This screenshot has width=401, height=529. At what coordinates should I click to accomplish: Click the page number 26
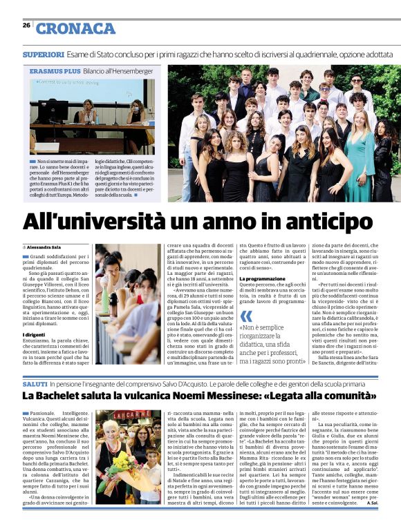pyautogui.click(x=26, y=25)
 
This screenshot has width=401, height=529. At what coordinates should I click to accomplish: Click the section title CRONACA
pyautogui.click(x=76, y=28)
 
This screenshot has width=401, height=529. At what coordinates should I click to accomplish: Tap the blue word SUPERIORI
pyautogui.click(x=43, y=53)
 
